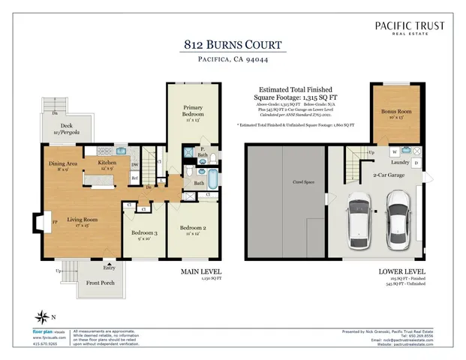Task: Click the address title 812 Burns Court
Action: pyautogui.click(x=232, y=44)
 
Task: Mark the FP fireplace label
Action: pyautogui.click(x=56, y=222)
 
